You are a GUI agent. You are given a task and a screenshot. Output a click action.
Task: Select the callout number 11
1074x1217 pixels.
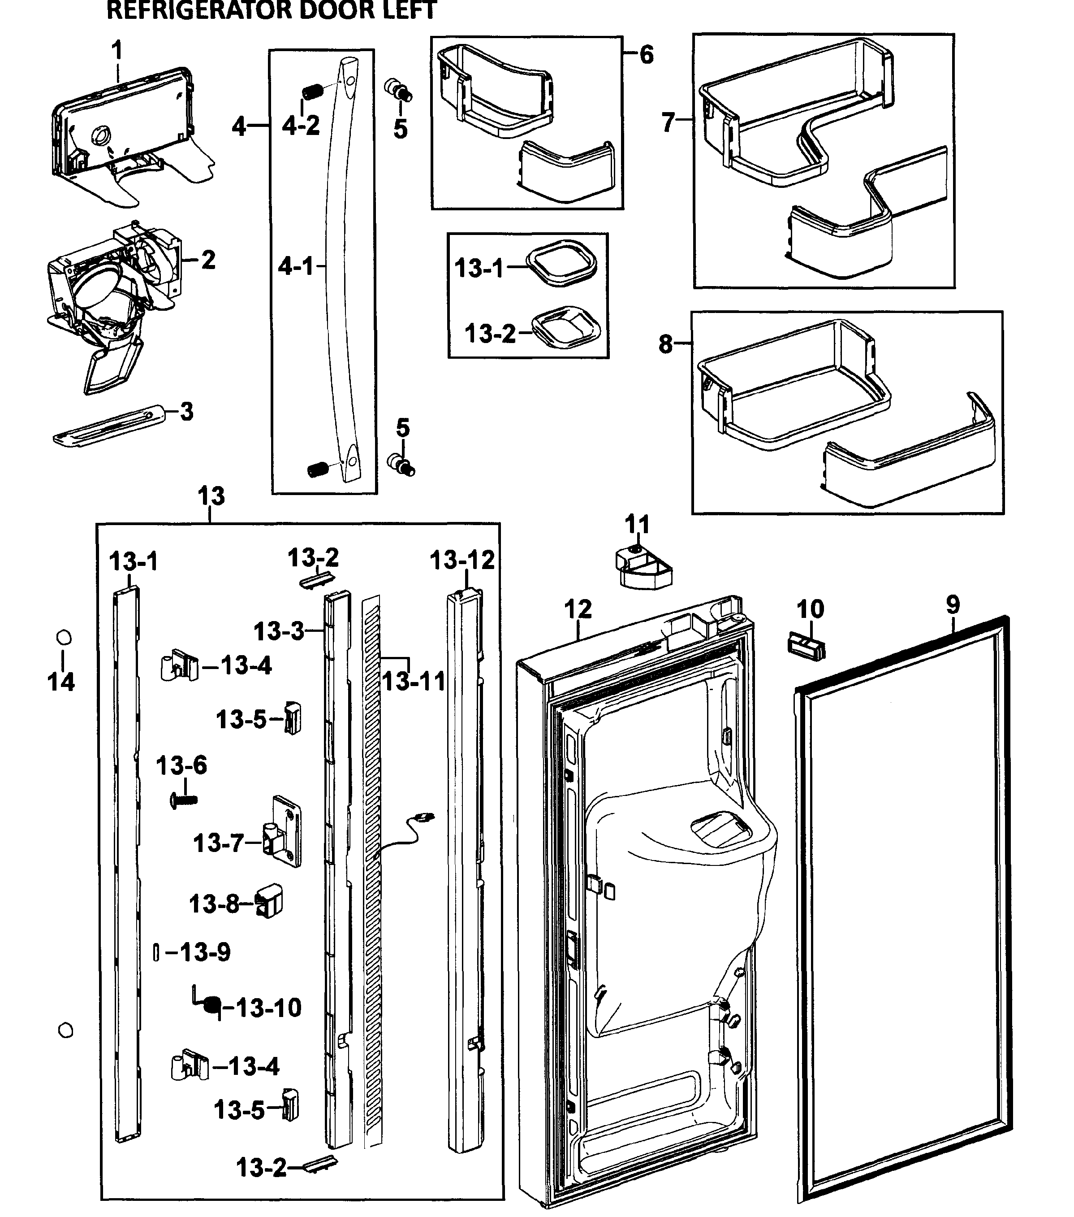[637, 525]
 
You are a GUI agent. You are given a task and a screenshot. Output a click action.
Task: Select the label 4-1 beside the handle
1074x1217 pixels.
[296, 266]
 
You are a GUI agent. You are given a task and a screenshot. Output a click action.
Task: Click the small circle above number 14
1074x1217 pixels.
[64, 638]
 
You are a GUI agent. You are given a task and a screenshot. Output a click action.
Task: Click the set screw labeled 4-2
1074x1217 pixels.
[312, 92]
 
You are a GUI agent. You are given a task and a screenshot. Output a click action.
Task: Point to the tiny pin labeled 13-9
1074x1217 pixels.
[156, 952]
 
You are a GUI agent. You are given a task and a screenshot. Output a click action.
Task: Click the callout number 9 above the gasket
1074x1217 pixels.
[953, 605]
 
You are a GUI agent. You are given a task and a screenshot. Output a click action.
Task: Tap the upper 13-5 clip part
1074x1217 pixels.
[293, 717]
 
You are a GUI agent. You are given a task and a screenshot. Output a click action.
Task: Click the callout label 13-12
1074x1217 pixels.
[462, 560]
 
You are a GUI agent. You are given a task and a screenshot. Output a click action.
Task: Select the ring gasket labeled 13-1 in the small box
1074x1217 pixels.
[562, 263]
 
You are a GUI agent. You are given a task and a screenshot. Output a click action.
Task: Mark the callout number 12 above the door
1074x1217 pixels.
[578, 609]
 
